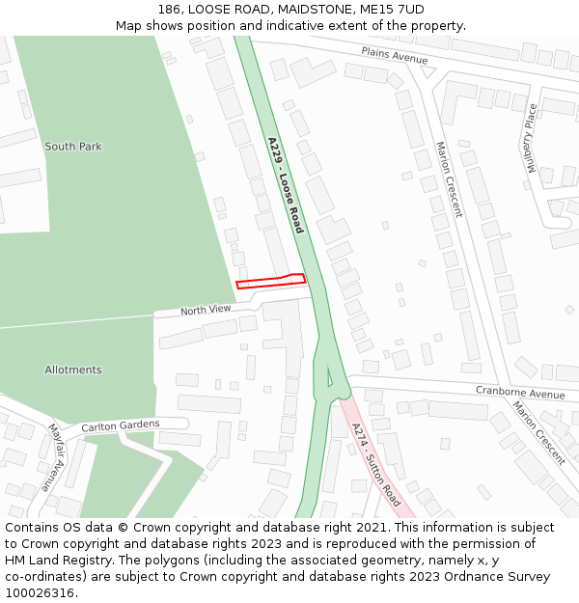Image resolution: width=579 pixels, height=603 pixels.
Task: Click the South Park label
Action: tap(72, 147)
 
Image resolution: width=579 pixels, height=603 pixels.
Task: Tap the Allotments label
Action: tap(72, 370)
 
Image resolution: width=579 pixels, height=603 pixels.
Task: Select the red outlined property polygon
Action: tap(270, 281)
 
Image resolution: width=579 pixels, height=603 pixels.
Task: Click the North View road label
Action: tap(206, 310)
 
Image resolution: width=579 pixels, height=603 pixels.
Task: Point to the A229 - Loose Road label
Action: tap(286, 185)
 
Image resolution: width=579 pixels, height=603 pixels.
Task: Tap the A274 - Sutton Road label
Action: tap(375, 465)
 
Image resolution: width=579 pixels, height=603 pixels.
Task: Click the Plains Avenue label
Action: tap(394, 56)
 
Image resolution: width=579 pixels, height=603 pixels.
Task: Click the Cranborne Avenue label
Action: tap(519, 394)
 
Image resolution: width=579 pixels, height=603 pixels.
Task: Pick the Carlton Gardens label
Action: tap(121, 426)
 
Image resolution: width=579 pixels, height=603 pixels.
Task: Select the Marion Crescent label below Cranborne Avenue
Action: tap(539, 433)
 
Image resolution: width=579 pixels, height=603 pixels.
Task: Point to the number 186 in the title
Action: tap(170, 10)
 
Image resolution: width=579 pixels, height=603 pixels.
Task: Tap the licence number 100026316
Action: tap(41, 593)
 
